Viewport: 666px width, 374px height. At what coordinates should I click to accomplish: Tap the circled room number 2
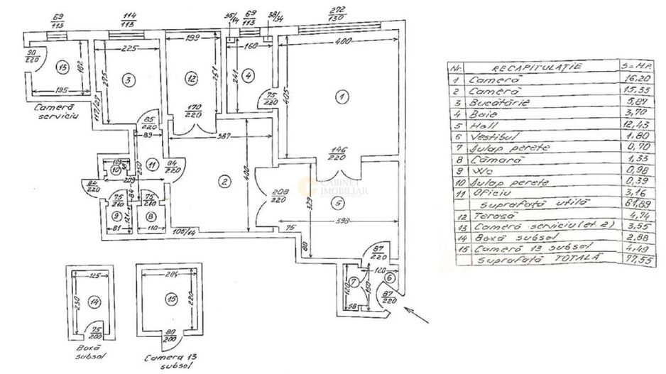[x=224, y=182]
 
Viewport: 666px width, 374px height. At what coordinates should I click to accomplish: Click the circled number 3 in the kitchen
[x=128, y=79]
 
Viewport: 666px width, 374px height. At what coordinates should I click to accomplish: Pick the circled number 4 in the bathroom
[x=246, y=75]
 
